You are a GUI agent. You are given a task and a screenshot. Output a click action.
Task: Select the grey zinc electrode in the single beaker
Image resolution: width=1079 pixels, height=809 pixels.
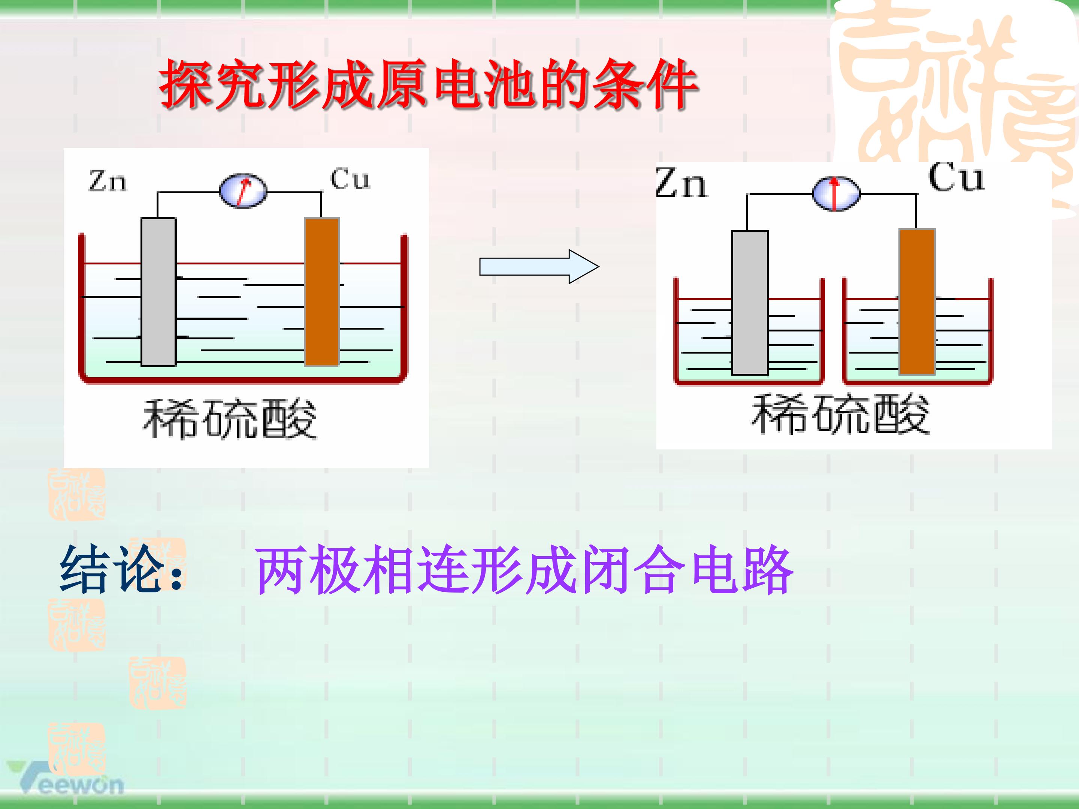coord(158,292)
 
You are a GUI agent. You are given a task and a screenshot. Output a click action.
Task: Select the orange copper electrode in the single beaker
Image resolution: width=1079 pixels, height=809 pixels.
coord(322,292)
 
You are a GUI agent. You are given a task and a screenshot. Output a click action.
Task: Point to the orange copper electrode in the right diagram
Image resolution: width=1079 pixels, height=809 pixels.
coord(917,302)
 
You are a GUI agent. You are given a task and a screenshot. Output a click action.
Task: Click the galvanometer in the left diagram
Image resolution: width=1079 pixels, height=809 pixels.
coord(243,191)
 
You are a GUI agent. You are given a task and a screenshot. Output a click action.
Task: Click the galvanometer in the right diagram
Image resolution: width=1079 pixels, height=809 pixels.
coord(836,194)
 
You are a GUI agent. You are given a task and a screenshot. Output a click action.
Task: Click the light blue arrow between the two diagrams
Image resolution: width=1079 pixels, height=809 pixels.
coord(539,267)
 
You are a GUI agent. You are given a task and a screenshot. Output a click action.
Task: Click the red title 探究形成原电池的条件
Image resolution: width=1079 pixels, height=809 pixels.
coord(428,84)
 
